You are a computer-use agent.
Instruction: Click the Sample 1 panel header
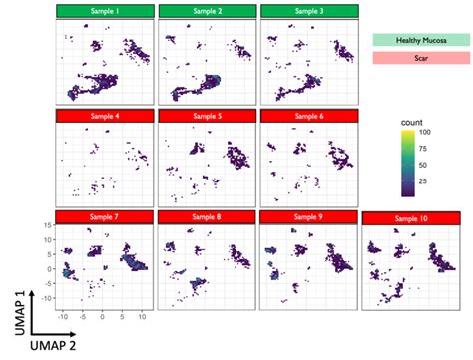tap(105, 11)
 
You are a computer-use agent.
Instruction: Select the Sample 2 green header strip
tap(206, 11)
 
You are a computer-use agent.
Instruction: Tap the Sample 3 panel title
tap(307, 11)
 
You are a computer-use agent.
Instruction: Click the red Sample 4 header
tap(105, 116)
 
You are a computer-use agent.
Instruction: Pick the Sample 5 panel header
tap(206, 116)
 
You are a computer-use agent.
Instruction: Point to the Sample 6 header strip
tap(307, 116)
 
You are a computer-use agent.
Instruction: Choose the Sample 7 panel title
tap(105, 217)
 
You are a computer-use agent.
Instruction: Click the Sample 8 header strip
tap(206, 217)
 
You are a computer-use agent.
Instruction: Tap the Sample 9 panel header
tap(307, 217)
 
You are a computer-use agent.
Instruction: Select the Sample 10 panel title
tap(409, 219)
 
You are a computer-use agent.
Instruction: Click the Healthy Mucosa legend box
tap(418, 39)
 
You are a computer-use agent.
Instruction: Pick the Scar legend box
tap(418, 60)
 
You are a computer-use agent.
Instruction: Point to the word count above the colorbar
tap(409, 120)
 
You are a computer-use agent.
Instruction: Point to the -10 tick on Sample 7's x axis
tap(63, 317)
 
